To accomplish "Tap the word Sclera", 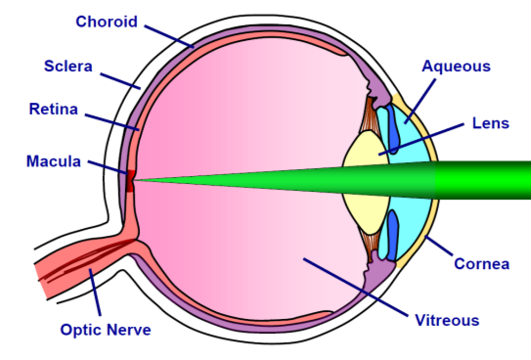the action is [x=67, y=67].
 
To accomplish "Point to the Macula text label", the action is [x=53, y=161].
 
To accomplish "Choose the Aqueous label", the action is [x=456, y=67].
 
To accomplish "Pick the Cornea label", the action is [x=480, y=264].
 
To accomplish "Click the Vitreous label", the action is [x=446, y=320].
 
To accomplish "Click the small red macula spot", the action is [x=128, y=180].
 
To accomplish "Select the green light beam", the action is [x=391, y=181].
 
